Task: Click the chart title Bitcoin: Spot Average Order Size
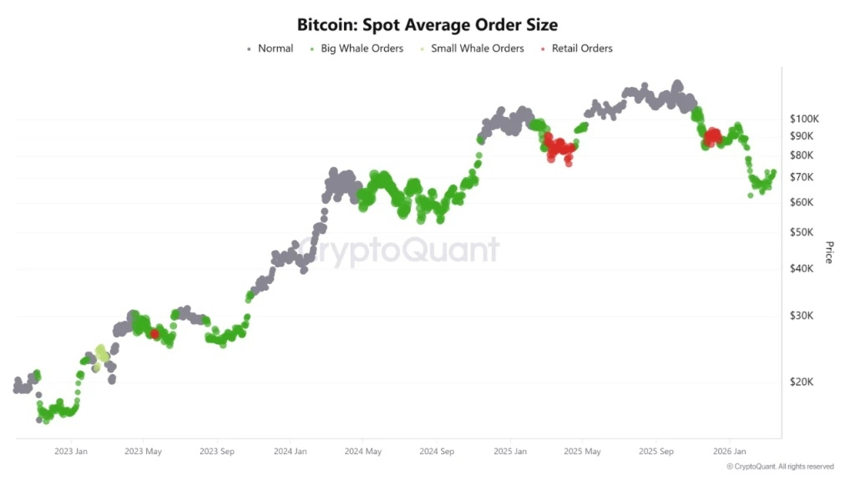coord(427,25)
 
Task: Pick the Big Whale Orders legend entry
coord(362,48)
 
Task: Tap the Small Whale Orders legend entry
coord(477,48)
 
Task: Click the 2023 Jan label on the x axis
coord(70,452)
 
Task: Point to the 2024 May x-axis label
coord(362,452)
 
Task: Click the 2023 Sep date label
coord(216,452)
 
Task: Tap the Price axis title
coord(829,252)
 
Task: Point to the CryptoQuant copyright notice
coord(780,467)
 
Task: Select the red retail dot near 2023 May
coord(154,333)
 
